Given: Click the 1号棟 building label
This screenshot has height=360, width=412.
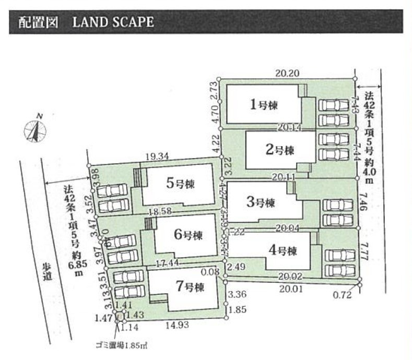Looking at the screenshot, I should tap(263, 105).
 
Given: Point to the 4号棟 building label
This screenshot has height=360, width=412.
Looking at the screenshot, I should tap(282, 250).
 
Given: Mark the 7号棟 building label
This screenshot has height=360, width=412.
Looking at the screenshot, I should tap(188, 286).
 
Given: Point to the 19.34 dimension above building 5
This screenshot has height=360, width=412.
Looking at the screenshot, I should tap(157, 156).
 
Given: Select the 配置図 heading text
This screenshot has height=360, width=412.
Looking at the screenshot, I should tap(34, 22).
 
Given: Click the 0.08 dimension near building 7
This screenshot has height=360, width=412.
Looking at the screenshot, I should tap(211, 271).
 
